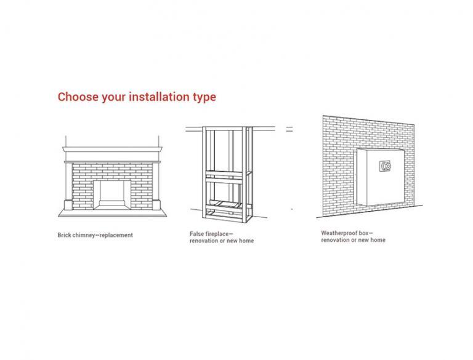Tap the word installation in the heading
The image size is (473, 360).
(x=160, y=97)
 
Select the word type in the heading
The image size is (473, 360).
(x=204, y=98)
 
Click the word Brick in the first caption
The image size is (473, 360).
(x=64, y=235)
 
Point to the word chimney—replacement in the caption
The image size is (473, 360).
(x=103, y=235)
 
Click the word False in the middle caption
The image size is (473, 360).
(x=196, y=234)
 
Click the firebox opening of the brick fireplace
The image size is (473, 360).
(x=112, y=193)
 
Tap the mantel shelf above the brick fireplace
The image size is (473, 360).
(x=112, y=149)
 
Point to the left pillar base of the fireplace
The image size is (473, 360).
(x=68, y=205)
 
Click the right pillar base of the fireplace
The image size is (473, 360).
(x=156, y=205)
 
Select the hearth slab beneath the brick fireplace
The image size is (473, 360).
(x=112, y=213)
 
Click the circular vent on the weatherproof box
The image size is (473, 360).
(x=386, y=166)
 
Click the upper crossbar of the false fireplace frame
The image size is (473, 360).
(x=224, y=174)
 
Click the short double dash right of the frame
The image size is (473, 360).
(x=289, y=129)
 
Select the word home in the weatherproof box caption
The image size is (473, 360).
(x=378, y=240)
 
